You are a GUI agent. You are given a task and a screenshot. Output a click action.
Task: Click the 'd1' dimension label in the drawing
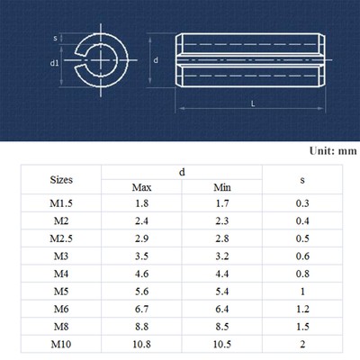click(x=54, y=63)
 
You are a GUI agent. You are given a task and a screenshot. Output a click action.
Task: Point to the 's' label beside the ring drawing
click(x=55, y=38)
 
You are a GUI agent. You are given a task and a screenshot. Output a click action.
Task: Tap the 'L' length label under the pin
click(x=253, y=103)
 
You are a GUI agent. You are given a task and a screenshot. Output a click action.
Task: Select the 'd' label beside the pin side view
click(x=156, y=60)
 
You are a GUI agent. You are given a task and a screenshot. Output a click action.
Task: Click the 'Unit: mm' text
click(x=333, y=150)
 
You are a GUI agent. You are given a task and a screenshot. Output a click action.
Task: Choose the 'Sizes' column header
click(x=61, y=180)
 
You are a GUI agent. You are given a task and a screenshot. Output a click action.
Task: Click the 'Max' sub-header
click(x=141, y=187)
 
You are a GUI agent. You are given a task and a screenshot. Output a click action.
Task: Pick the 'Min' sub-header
click(x=222, y=187)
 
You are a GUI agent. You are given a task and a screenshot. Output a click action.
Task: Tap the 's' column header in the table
click(x=302, y=180)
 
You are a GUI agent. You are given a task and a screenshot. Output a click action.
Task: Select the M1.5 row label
click(x=61, y=203)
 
